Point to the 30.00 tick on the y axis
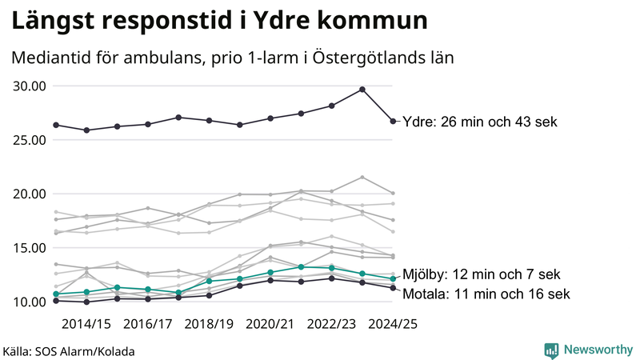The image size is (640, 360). coord(30,86)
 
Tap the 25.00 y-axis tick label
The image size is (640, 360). coord(30,140)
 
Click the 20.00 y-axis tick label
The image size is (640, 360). coord(30,194)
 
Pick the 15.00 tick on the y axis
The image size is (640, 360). coord(30,248)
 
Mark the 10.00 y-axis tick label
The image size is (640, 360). coord(30,302)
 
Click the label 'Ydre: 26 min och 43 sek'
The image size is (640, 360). coord(479,122)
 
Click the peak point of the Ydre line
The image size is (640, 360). coord(362,90)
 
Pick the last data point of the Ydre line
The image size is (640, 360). coord(393,122)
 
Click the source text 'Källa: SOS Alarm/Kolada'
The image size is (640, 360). coord(69,351)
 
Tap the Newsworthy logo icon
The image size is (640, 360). coord(551,350)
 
